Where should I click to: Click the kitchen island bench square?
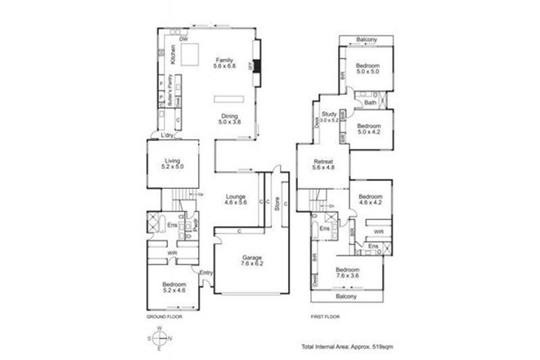190,54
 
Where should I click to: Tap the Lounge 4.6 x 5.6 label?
237,200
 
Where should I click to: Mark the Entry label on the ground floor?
205,272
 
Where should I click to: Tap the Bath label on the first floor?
370,103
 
